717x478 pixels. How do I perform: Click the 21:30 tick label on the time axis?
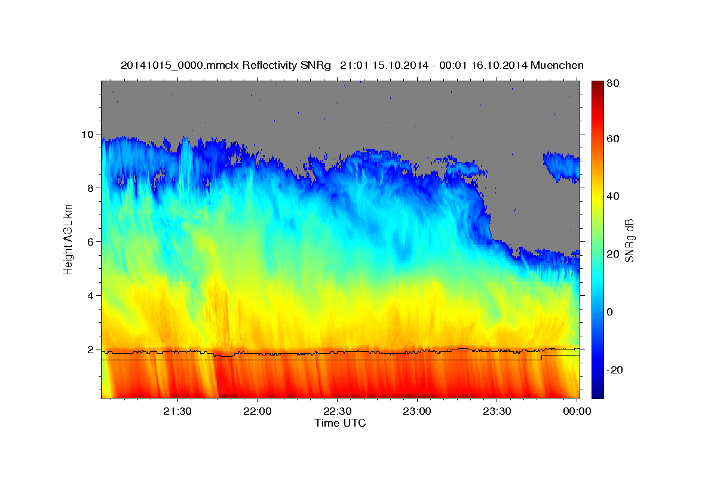[177, 412]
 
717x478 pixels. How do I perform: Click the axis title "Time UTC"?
[340, 424]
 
